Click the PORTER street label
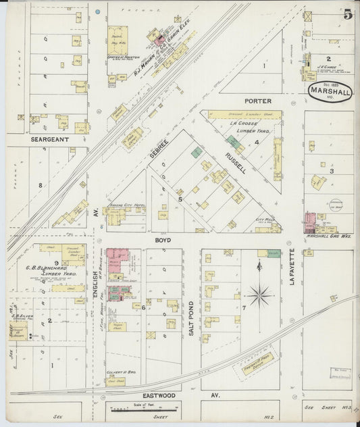point(258,101)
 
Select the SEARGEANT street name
point(47,141)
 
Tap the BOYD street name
point(163,240)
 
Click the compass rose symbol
point(259,295)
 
